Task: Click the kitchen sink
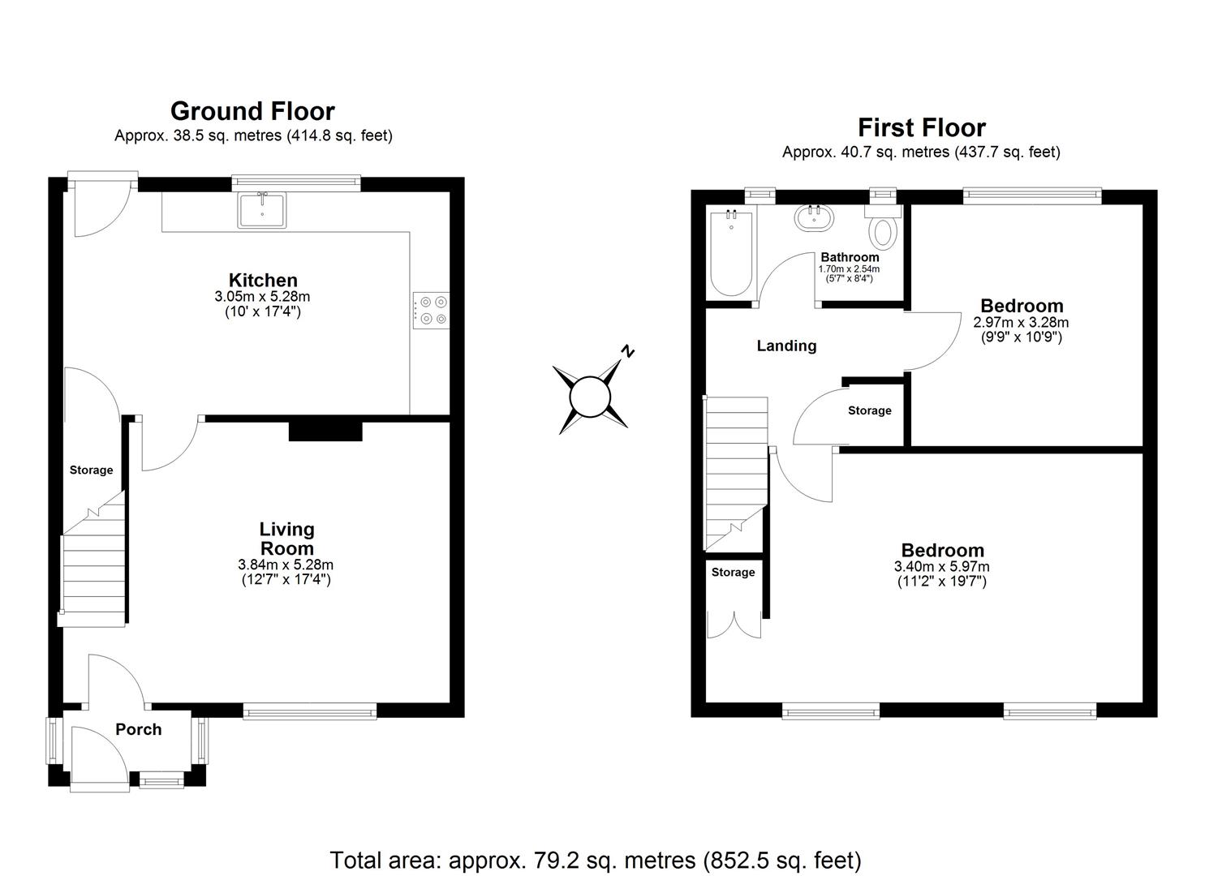point(262,210)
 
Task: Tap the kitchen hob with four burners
point(430,309)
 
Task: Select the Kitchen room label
point(263,281)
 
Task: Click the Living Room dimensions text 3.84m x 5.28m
point(286,565)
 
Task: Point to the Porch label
point(139,729)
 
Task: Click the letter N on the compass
point(627,351)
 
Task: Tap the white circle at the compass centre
point(590,397)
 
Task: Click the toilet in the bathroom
point(882,228)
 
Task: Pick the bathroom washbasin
point(812,218)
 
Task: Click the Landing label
point(786,346)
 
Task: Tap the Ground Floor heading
point(252,111)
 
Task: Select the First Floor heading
point(922,127)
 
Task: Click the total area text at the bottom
point(596,859)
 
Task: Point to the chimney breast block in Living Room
point(325,430)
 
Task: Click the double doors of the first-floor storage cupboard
point(734,622)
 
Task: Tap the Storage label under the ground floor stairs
point(92,470)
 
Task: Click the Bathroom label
point(850,257)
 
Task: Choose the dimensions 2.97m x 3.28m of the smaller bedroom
point(1021,322)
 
